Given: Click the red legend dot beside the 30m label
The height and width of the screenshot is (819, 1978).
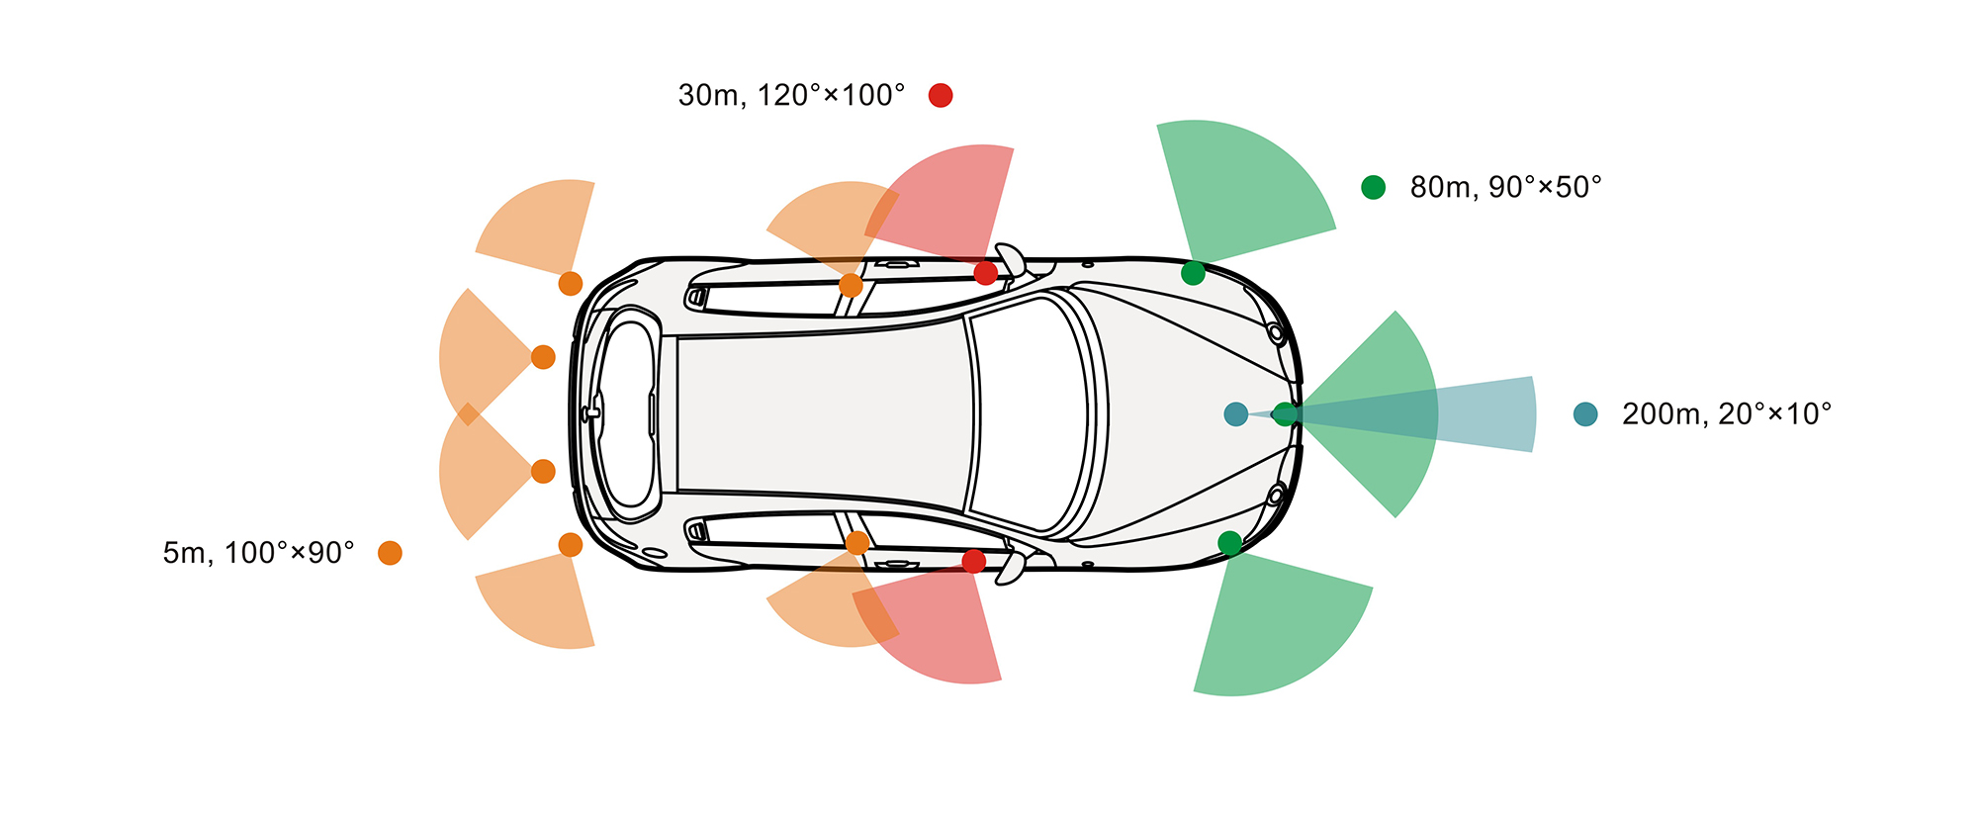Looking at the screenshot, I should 941,95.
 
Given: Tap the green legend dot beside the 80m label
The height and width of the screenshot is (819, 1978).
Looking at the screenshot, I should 1373,187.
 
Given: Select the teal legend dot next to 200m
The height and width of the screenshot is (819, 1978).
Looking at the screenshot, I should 1585,414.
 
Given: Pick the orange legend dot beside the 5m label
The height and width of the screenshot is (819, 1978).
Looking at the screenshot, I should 390,553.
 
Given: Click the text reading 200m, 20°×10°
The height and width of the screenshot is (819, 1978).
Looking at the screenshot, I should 1726,414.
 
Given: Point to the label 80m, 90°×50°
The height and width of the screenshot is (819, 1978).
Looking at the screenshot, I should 1505,187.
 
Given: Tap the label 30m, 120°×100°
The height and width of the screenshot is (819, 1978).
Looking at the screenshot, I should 791,95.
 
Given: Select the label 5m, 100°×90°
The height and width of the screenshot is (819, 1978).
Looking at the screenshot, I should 258,553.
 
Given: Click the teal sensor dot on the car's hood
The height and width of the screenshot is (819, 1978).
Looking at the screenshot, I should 1235,414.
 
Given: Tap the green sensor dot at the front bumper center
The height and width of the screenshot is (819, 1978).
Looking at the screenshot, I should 1284,414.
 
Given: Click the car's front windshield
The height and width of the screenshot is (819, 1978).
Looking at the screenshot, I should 1029,414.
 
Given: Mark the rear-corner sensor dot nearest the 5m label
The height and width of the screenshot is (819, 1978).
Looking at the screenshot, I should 571,545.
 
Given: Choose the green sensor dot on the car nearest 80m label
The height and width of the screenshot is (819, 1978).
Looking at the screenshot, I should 1193,273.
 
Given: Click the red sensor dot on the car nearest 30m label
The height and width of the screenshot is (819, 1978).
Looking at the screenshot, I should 985,273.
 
